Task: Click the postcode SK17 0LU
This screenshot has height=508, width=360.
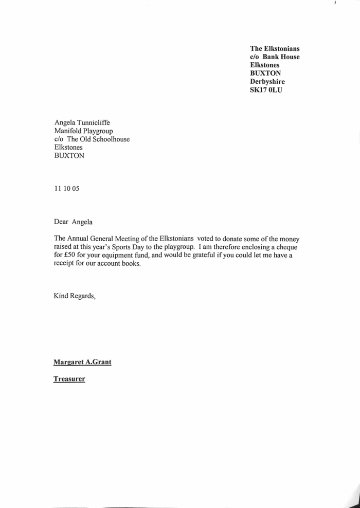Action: tap(266, 90)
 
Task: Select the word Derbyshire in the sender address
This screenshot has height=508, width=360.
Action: tap(267, 82)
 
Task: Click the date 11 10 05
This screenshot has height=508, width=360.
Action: tap(67, 188)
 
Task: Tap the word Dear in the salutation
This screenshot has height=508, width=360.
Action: tap(62, 222)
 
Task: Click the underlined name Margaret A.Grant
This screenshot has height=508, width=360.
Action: tap(82, 361)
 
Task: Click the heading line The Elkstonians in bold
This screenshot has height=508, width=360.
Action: tap(275, 48)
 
